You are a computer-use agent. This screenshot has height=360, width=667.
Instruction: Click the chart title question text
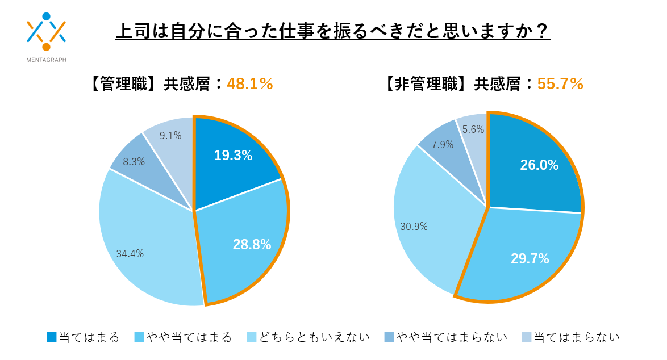[333, 31]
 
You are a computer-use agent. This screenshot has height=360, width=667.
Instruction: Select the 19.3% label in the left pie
[233, 155]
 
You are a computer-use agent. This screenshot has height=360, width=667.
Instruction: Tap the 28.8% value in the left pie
[252, 245]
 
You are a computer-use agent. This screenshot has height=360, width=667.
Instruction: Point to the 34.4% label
[130, 254]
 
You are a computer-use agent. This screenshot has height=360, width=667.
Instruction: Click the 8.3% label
[134, 162]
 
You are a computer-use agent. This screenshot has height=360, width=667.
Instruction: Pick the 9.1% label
[170, 136]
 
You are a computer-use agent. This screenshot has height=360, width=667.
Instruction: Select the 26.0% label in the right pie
[539, 165]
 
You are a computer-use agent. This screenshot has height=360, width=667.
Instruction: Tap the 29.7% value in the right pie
[530, 259]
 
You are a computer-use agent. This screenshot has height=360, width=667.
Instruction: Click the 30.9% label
[414, 227]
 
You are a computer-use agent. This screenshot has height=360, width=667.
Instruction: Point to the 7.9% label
[443, 145]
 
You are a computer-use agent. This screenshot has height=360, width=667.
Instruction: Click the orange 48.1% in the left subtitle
[250, 84]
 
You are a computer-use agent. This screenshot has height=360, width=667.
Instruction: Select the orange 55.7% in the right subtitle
[560, 84]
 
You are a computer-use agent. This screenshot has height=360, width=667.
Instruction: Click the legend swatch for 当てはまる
[52, 337]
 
